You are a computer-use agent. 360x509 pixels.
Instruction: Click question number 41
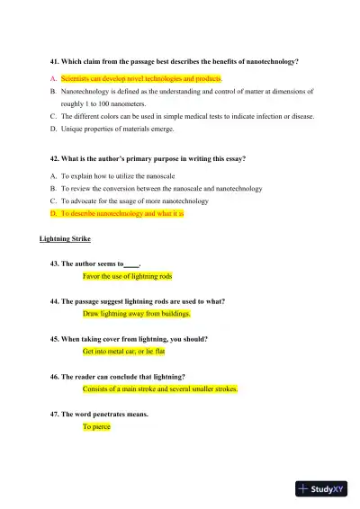point(55,61)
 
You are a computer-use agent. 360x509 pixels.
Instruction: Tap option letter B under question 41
point(52,92)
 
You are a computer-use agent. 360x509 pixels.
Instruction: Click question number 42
point(55,158)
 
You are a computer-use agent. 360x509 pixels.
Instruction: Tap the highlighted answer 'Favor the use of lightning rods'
point(127,276)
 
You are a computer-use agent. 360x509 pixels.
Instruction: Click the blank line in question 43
point(131,263)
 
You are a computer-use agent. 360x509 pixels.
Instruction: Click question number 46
point(55,376)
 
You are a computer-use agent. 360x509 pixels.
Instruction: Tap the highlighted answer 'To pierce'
point(96,427)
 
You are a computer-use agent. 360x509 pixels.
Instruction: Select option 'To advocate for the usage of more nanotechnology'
point(134,201)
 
